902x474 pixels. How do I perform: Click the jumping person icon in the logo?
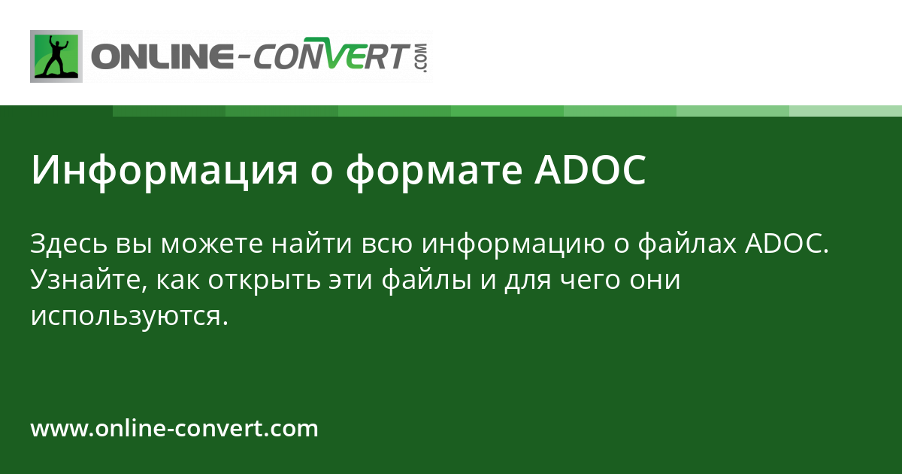[56, 56]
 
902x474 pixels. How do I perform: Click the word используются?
[129, 317]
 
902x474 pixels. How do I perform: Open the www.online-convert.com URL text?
[174, 429]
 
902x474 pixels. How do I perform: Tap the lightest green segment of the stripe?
[846, 111]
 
